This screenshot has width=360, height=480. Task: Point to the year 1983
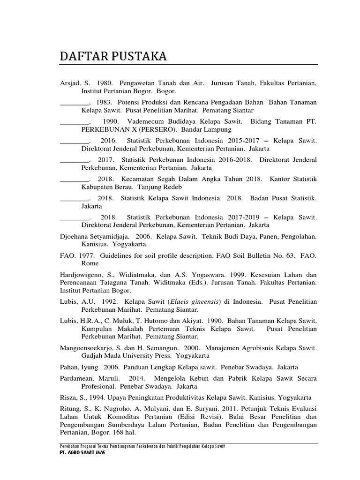tap(104, 102)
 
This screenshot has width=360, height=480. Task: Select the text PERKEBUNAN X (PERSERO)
tap(126, 129)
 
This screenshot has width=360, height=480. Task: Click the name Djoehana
tap(75, 237)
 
